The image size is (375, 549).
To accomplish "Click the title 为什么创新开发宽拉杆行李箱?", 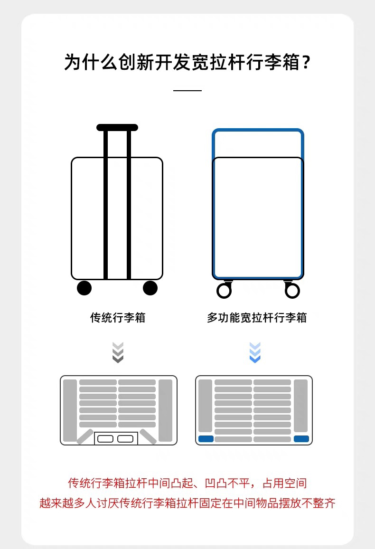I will click(187, 63).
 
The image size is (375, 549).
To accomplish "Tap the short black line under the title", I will click(187, 90).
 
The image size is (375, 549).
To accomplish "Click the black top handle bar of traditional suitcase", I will click(117, 127).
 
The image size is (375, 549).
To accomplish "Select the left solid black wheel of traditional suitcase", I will click(84, 288).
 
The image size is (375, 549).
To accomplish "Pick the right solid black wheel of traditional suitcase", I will click(150, 288).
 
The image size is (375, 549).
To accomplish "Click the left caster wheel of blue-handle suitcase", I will click(224, 290).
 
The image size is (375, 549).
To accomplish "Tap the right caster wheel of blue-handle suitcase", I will click(292, 290).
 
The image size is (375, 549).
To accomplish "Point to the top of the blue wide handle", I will click(258, 131).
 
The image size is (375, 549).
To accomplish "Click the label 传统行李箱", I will click(118, 318).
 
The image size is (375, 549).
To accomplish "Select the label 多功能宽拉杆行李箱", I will click(257, 318).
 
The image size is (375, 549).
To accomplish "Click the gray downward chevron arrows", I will click(118, 352).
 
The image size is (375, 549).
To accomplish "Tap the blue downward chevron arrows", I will click(255, 352).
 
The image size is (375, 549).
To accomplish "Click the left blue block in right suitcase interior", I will click(206, 439).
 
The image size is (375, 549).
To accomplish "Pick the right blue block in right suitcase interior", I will click(301, 439).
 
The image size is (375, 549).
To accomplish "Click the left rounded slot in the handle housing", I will click(105, 439).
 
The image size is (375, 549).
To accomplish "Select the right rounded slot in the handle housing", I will click(126, 439).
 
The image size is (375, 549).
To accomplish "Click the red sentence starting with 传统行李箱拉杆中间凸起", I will click(187, 483).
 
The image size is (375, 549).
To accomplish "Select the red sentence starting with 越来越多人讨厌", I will click(187, 503).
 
